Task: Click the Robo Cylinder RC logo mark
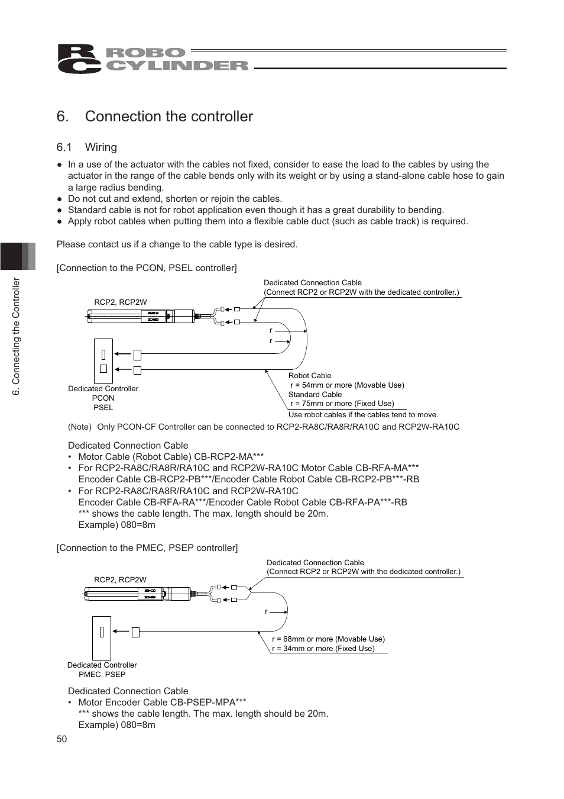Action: (79, 59)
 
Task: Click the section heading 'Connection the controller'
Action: (168, 117)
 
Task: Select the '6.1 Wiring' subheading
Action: (87, 147)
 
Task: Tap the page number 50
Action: (62, 739)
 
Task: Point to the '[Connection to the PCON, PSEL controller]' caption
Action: (147, 268)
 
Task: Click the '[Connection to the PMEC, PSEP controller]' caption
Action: (147, 548)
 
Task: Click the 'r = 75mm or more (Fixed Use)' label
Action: (342, 404)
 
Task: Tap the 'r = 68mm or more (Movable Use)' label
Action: (328, 639)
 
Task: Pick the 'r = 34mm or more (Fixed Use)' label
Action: (323, 649)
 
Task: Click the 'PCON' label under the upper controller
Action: (103, 398)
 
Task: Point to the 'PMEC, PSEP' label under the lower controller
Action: (102, 674)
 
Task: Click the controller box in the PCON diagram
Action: (103, 361)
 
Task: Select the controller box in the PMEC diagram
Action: (101, 637)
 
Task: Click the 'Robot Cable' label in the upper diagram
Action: (310, 376)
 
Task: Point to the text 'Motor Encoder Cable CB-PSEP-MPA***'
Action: (162, 703)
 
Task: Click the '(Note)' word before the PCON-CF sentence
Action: (80, 427)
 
